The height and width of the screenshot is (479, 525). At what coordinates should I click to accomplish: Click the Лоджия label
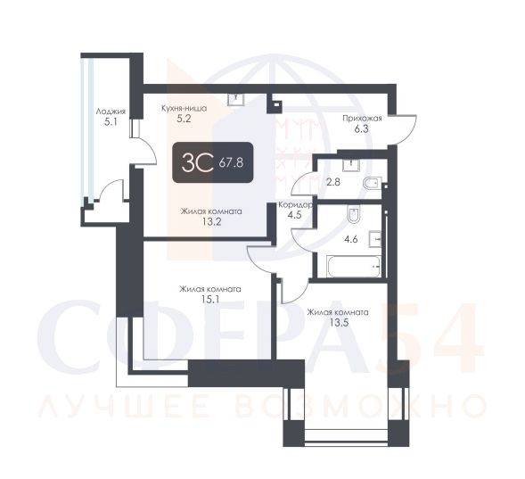111,111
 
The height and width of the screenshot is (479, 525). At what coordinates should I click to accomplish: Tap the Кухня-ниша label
184,109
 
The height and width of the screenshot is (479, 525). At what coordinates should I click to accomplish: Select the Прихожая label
362,119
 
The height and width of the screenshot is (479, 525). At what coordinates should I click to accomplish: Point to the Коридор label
295,204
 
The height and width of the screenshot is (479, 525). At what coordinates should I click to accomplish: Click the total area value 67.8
231,163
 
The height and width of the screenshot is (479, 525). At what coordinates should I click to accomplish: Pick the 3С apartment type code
198,162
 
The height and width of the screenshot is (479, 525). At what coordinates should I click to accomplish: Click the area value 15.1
210,299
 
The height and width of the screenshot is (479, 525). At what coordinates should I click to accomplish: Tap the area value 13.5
338,323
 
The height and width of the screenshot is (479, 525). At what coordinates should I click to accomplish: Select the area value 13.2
211,222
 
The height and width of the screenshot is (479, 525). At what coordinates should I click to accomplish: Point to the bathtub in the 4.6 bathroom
354,267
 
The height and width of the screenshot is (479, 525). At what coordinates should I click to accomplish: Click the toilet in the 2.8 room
373,183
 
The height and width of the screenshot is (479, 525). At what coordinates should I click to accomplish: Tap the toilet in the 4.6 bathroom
354,215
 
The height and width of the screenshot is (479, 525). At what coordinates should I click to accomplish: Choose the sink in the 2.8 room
351,165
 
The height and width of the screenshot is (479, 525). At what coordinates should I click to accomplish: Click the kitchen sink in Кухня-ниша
236,99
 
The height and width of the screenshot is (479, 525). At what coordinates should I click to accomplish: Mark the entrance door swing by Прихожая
406,130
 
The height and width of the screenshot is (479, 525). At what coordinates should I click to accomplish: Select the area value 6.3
362,129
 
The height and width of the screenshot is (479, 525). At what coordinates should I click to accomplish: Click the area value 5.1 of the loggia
111,122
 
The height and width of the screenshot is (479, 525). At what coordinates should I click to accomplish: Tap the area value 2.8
333,182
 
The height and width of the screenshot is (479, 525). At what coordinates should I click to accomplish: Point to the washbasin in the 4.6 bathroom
375,239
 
